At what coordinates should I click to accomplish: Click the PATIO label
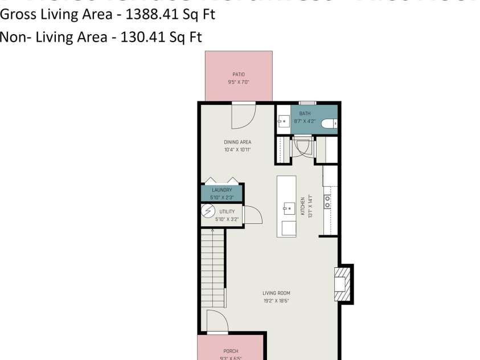238,74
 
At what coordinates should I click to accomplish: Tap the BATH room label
305,113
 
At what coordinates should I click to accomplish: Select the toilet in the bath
329,122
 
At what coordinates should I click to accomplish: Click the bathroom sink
283,121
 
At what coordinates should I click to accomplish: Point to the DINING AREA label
237,142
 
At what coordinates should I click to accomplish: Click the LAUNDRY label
221,190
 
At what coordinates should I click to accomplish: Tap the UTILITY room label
227,211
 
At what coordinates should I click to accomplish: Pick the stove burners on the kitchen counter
327,201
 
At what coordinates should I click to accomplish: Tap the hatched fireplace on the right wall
340,284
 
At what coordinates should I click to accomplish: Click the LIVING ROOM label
276,293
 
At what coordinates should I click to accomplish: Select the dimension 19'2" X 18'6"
276,301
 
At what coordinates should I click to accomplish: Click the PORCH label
231,351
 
